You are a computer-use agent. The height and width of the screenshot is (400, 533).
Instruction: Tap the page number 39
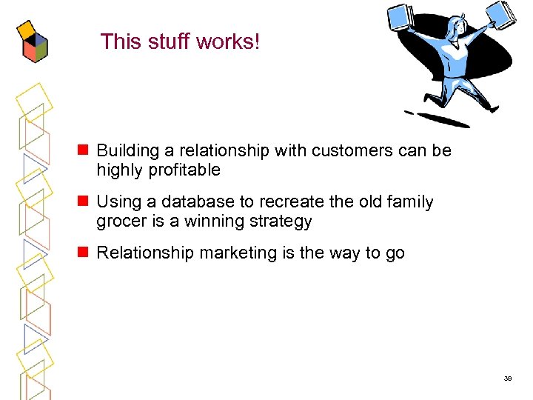coord(508,378)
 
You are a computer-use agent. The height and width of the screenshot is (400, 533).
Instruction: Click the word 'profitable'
coord(187,170)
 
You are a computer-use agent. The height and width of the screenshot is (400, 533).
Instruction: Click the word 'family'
coord(409,202)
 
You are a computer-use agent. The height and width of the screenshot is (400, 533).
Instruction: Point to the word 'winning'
coord(219,221)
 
